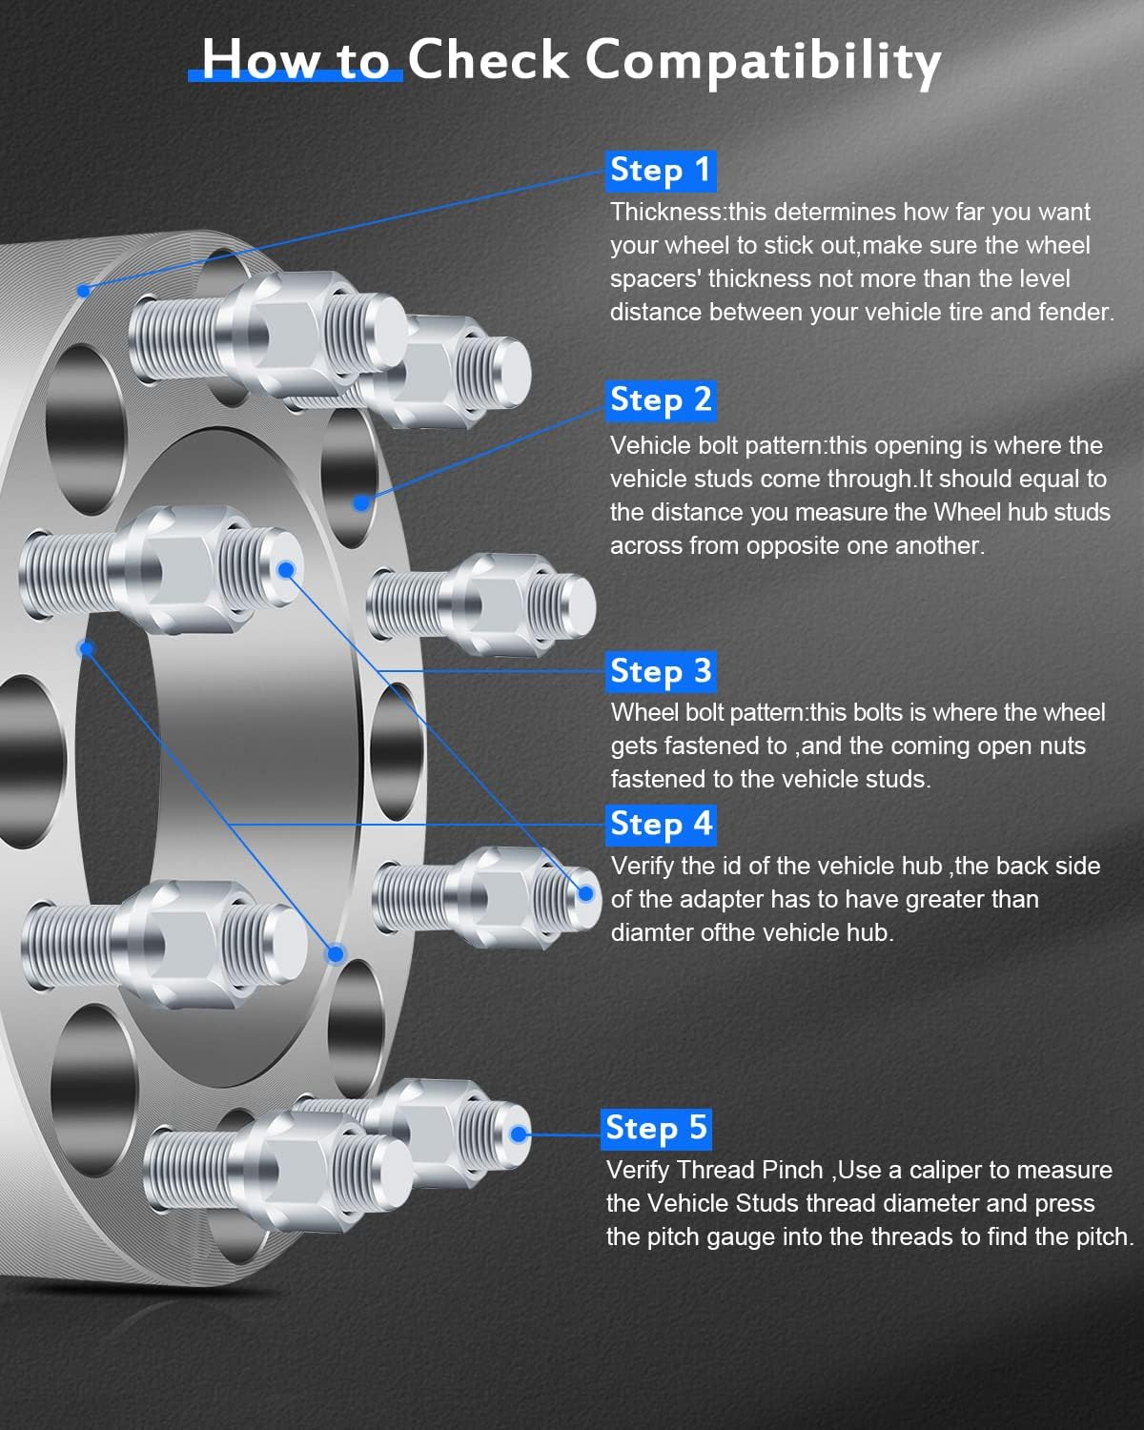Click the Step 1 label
tap(661, 171)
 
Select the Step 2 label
tap(661, 400)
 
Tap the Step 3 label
tap(661, 672)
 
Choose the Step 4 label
tap(661, 825)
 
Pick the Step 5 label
tap(656, 1129)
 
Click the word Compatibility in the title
tap(763, 61)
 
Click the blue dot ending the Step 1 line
tap(84, 291)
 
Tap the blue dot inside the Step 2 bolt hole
tap(361, 502)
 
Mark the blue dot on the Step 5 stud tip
tap(518, 1134)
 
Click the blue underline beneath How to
tap(296, 76)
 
